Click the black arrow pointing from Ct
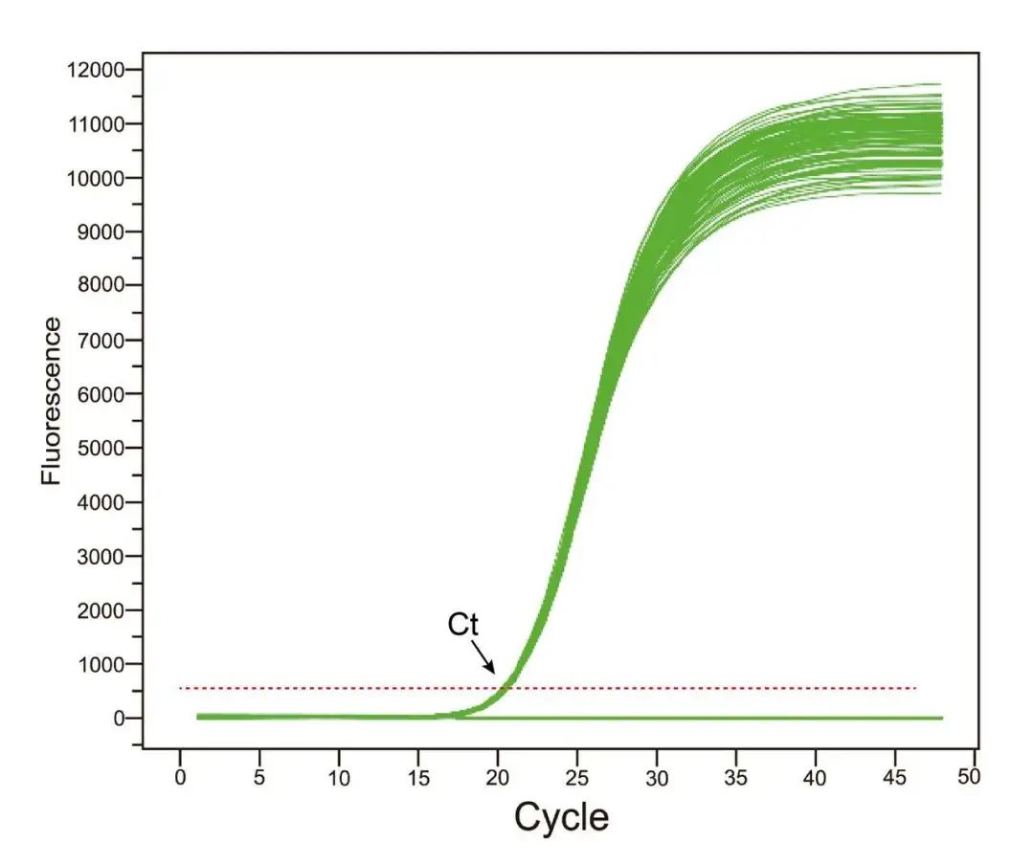point(483,657)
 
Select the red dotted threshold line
point(670,688)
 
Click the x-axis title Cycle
point(561,817)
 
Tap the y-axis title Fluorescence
point(52,402)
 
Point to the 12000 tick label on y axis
point(95,70)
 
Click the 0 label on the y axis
point(121,719)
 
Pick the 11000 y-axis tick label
point(95,124)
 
